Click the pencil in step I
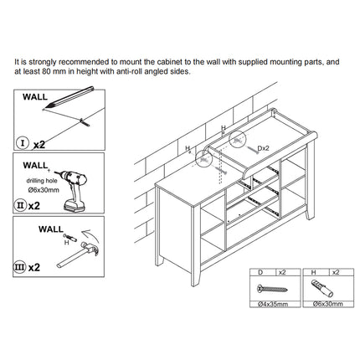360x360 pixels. (x=70, y=97)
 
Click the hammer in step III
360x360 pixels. (x=78, y=255)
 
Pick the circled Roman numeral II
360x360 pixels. (x=20, y=206)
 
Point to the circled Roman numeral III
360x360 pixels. (x=20, y=267)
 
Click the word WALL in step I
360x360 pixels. (x=35, y=97)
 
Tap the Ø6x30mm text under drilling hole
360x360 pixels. (x=44, y=190)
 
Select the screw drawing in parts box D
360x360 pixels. (x=272, y=288)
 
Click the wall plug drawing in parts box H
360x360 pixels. (x=322, y=288)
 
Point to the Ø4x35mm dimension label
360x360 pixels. (x=273, y=304)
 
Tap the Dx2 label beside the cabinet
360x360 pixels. (x=263, y=148)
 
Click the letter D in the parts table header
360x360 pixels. (x=260, y=272)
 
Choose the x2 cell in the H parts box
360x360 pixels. (x=336, y=272)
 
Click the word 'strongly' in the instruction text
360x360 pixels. (x=43, y=62)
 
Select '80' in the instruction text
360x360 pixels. (x=46, y=71)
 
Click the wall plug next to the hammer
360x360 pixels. (x=70, y=238)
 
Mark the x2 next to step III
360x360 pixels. (x=34, y=267)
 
